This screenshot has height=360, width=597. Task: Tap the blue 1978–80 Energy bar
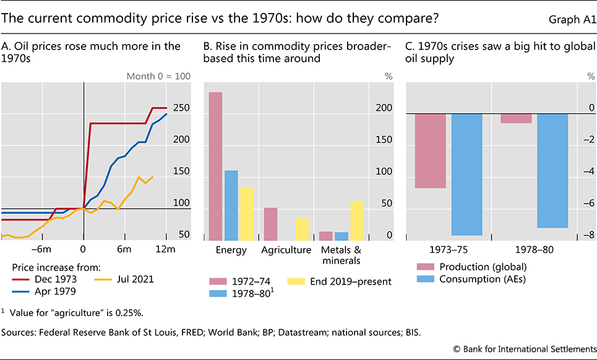231,205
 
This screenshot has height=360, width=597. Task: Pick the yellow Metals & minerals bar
357,220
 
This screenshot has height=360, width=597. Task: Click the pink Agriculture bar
270,224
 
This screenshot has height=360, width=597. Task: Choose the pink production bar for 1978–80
516,118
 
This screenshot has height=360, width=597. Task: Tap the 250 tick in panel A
181,108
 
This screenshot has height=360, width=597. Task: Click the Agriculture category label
286,250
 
